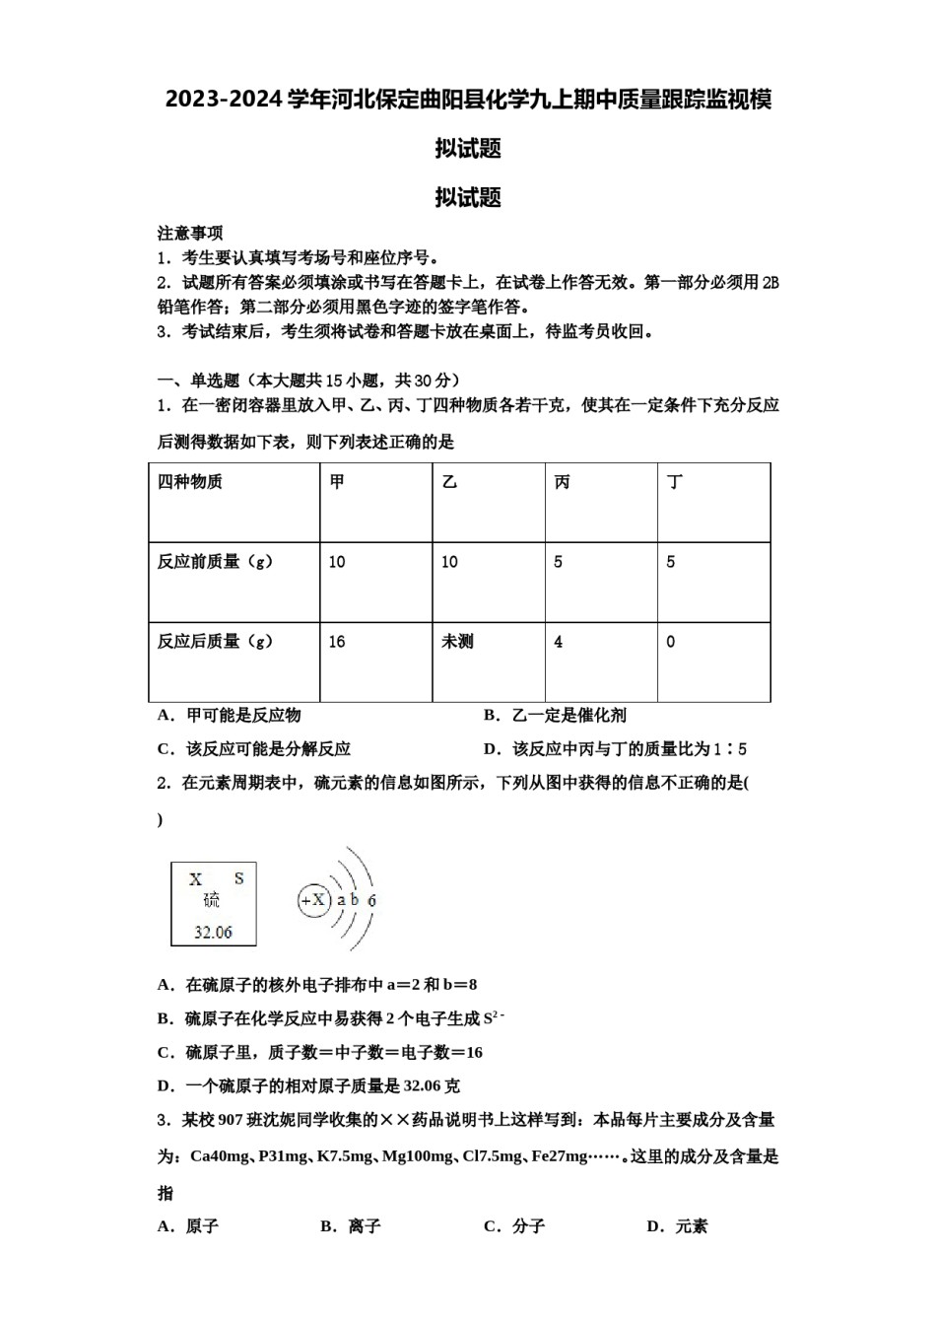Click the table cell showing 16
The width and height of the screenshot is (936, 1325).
(337, 642)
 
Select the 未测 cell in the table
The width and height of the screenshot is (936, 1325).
(457, 642)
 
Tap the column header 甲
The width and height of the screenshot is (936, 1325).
(337, 482)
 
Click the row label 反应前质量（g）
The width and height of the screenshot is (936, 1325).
(216, 562)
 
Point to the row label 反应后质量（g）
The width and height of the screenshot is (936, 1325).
(216, 642)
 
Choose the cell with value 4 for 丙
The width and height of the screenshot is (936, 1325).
(559, 642)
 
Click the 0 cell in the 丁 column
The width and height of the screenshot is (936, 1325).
(671, 642)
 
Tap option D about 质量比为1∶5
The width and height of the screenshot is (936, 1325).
(615, 749)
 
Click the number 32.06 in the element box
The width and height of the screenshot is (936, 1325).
(213, 932)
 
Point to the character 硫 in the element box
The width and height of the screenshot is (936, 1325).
(212, 900)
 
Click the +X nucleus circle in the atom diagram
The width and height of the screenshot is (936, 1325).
(313, 900)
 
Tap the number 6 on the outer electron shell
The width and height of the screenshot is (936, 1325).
(371, 900)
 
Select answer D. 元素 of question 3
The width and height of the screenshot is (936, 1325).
(677, 1226)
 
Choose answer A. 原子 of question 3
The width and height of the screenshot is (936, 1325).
(188, 1226)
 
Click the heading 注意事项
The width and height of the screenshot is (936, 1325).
(190, 234)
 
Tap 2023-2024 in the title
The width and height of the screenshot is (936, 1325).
(224, 100)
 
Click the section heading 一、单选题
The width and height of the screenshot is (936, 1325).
(198, 381)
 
